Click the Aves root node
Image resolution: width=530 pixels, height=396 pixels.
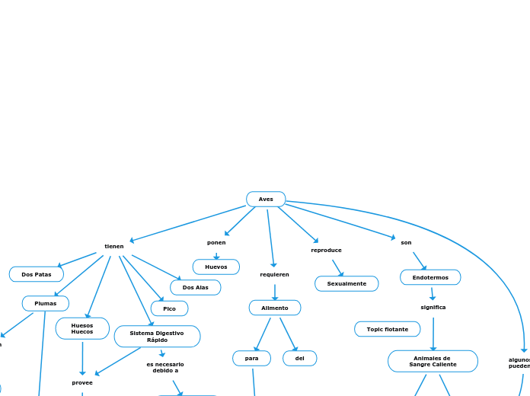point(266,200)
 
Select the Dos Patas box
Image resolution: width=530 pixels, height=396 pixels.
point(37,274)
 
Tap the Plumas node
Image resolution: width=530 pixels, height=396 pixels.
point(46,303)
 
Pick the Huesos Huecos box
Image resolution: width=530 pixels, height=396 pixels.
point(82,328)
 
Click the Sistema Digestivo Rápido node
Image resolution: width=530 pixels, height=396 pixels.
point(157,336)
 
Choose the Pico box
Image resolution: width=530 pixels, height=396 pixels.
point(169,308)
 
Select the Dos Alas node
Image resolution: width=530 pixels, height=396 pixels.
point(196,287)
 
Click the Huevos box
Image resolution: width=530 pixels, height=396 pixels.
point(216,267)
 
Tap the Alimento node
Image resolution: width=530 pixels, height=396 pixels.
point(275,308)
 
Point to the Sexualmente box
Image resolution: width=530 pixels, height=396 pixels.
point(346,283)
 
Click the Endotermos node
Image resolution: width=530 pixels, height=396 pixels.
point(430,277)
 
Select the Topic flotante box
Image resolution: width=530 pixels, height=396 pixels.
point(388,329)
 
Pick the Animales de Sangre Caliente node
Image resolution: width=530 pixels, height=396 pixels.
point(433,361)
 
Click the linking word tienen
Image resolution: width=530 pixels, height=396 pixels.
point(114,246)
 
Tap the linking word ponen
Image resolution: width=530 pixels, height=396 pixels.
point(216,242)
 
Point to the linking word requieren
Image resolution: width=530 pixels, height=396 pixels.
point(274,274)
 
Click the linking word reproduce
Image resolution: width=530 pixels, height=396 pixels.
point(327,250)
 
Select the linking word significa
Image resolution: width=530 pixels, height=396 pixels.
point(433,307)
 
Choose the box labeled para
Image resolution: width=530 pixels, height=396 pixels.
point(252,358)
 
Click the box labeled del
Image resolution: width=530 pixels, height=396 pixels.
point(300,358)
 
